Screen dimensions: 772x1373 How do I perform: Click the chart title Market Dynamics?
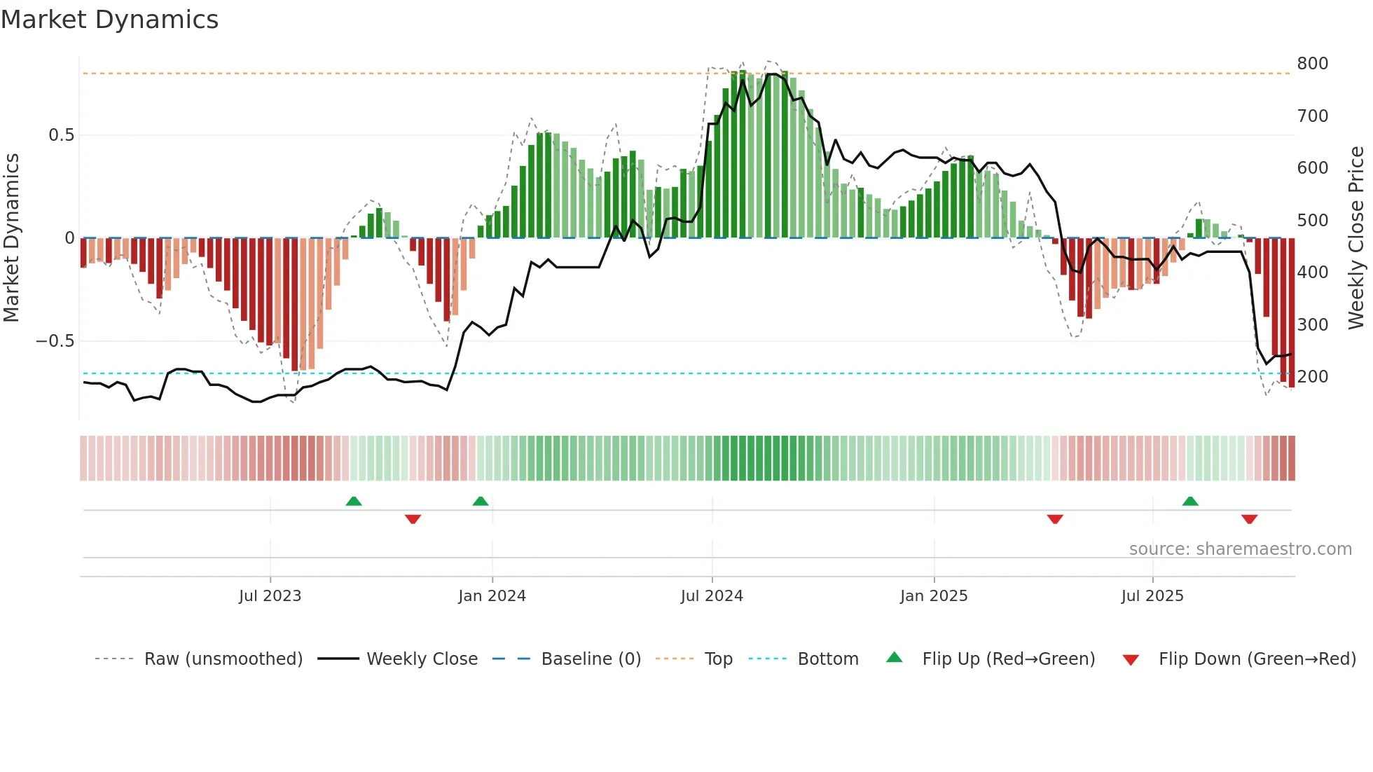(x=109, y=20)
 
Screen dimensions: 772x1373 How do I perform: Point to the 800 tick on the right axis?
(x=1312, y=64)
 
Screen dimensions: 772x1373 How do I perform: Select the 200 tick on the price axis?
(x=1312, y=377)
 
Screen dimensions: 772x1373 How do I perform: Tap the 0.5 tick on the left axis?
(x=61, y=135)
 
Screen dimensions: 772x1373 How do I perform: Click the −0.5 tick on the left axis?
(x=55, y=341)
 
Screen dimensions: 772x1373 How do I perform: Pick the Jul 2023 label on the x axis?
(x=270, y=596)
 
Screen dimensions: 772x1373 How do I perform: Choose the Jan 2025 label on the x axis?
(x=933, y=596)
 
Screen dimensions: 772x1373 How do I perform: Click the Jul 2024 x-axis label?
(x=711, y=596)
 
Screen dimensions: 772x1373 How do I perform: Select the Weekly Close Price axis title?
(x=1356, y=237)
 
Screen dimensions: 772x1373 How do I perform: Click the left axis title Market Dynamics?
(x=11, y=237)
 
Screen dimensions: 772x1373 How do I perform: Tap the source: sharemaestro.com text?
(x=1240, y=549)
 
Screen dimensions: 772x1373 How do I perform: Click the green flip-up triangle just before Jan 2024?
(x=481, y=502)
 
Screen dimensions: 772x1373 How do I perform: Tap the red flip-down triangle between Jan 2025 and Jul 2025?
(x=1055, y=519)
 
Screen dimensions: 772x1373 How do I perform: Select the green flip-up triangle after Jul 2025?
(x=1190, y=502)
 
